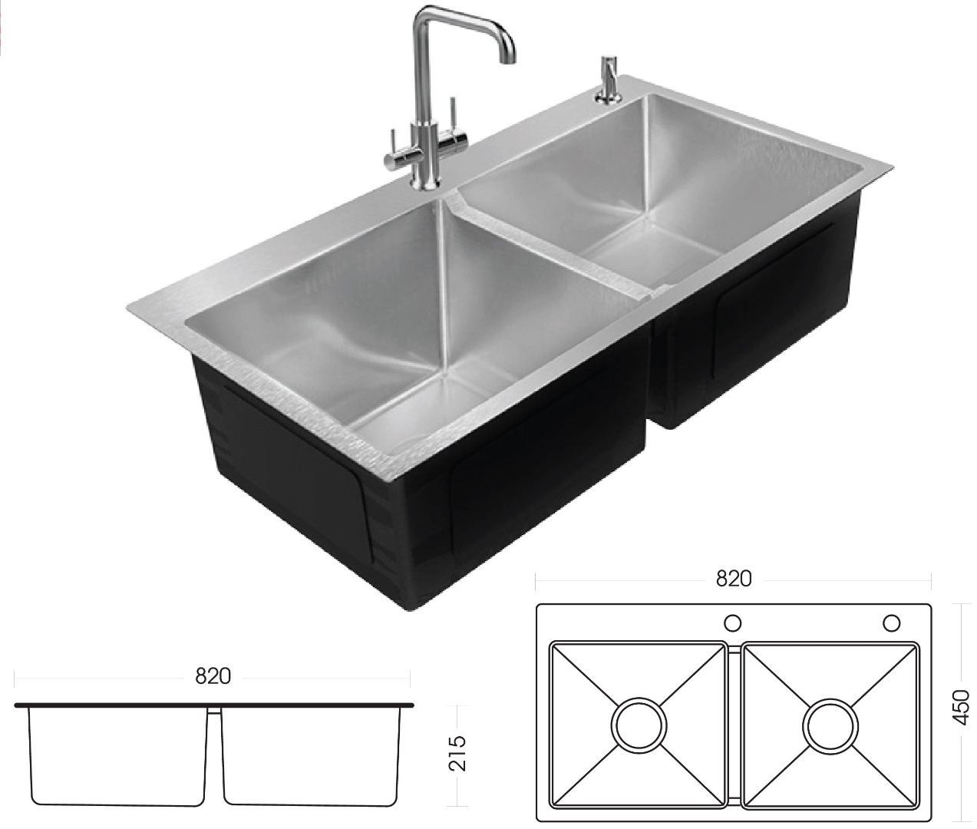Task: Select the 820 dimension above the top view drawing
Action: pos(733,579)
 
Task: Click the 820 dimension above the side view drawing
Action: pos(213,676)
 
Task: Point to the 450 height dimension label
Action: pos(961,706)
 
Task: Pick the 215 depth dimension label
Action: pos(457,754)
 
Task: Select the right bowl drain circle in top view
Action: pos(830,725)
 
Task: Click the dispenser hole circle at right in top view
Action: pos(892,622)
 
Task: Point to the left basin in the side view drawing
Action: pos(118,756)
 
